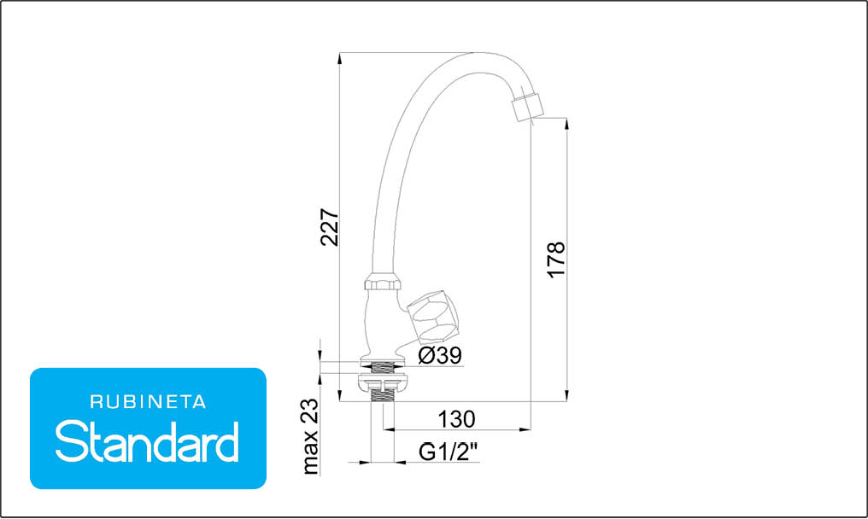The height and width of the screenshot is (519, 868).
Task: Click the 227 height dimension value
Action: tap(329, 227)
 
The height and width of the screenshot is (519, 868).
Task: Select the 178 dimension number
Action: tap(556, 259)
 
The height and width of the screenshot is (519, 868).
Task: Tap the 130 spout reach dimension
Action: tap(457, 419)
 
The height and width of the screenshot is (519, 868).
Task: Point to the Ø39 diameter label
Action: tap(440, 355)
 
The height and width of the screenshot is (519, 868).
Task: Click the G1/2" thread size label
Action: tap(448, 452)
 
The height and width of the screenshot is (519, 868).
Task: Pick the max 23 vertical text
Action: tap(311, 436)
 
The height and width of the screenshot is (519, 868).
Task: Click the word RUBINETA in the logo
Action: tap(148, 402)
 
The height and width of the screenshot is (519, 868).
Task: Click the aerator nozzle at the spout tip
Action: tap(526, 108)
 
